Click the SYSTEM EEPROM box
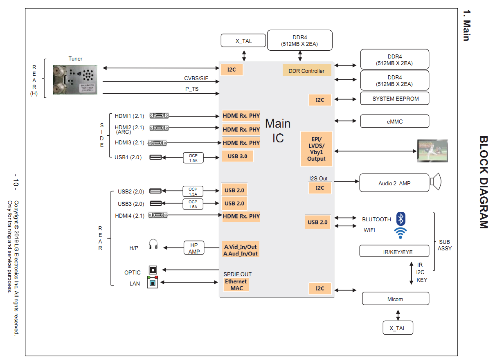[x=395, y=99]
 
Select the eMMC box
[x=395, y=121]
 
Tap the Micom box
[x=395, y=299]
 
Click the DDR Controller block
[x=306, y=70]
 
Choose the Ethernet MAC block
[x=236, y=285]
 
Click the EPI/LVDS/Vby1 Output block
[x=316, y=149]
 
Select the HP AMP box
[x=194, y=248]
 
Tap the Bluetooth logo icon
[x=402, y=218]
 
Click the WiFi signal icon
[x=400, y=233]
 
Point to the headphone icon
[x=153, y=245]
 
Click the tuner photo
[x=75, y=79]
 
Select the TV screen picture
[x=432, y=151]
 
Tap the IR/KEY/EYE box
[x=395, y=251]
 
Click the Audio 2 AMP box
[x=394, y=183]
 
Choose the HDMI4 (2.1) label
[x=129, y=216]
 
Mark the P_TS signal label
[x=191, y=89]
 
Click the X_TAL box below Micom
[x=398, y=328]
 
